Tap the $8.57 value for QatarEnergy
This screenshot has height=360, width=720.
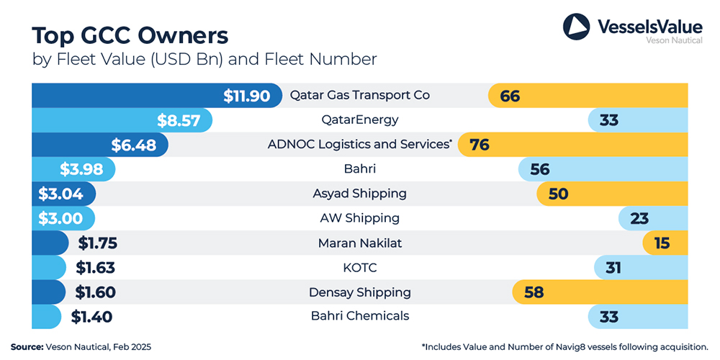[x=179, y=120]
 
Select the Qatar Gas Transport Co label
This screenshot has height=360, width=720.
[x=359, y=95]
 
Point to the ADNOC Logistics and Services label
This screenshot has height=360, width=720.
[x=359, y=144]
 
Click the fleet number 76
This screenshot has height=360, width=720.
[x=480, y=145]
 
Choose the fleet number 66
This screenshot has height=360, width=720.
[x=510, y=96]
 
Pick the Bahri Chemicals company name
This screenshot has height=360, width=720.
[x=359, y=315]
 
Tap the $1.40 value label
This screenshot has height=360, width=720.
[x=91, y=316]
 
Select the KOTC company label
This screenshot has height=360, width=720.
[x=359, y=267]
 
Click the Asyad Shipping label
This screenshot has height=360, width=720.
[x=359, y=193]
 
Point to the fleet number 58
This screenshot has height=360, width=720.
[x=534, y=292]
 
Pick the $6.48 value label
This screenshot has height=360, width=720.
[x=134, y=145]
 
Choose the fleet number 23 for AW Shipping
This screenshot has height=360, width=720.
[x=639, y=218]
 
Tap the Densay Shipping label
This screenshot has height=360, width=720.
[x=359, y=292]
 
